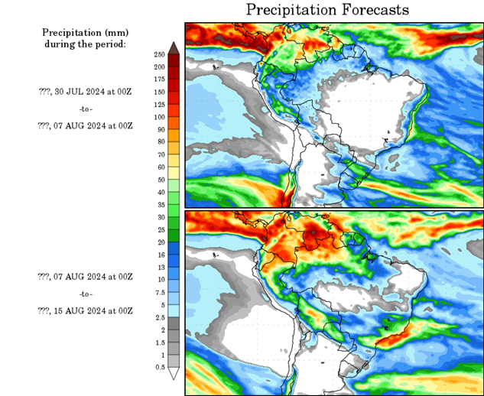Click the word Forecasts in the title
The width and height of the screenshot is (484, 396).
(x=370, y=10)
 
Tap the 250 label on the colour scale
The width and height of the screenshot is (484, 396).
(x=159, y=54)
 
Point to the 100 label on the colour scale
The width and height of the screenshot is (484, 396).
(x=159, y=117)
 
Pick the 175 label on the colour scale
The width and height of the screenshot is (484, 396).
(x=159, y=80)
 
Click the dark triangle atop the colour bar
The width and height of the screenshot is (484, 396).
(x=174, y=47)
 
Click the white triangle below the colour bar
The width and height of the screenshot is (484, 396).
(x=174, y=374)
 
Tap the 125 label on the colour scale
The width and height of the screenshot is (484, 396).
(x=159, y=105)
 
